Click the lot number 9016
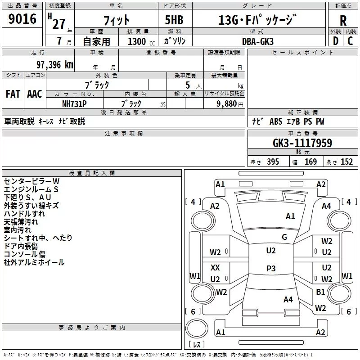[22, 19]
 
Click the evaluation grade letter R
[343, 21]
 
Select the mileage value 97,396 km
[55, 65]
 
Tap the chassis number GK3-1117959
[302, 143]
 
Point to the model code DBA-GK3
[258, 41]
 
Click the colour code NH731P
[74, 104]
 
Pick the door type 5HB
[174, 20]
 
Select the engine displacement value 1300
[137, 41]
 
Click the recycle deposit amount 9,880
[227, 104]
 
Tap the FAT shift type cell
[13, 94]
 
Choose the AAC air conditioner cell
[35, 94]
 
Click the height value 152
[346, 162]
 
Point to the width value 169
[310, 162]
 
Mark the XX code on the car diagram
[215, 267]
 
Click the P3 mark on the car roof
[271, 268]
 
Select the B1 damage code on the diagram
[320, 292]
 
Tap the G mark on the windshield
[284, 237]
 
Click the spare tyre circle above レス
[197, 328]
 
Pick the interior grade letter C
[350, 41]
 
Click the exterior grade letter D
[336, 41]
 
